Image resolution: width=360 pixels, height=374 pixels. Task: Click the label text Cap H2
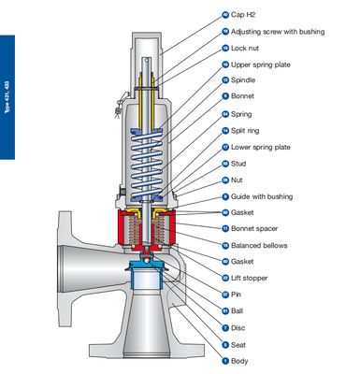point(246,15)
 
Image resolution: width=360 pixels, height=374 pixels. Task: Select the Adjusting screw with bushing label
point(278,31)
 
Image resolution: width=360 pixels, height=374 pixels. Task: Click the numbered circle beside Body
point(224,360)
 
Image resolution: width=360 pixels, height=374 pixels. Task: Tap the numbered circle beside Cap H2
point(224,15)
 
